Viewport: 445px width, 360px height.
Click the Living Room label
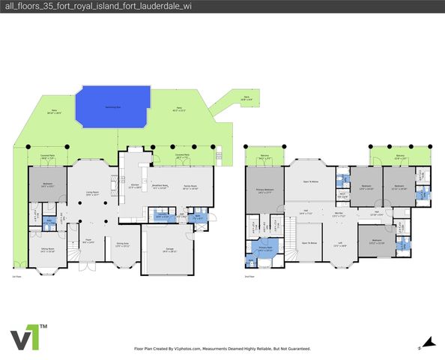pos(92,193)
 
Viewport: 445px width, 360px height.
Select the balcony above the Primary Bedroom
pos(264,157)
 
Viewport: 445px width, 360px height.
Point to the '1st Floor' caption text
pos(16,277)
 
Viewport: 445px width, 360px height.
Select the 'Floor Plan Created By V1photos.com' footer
pos(222,349)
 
